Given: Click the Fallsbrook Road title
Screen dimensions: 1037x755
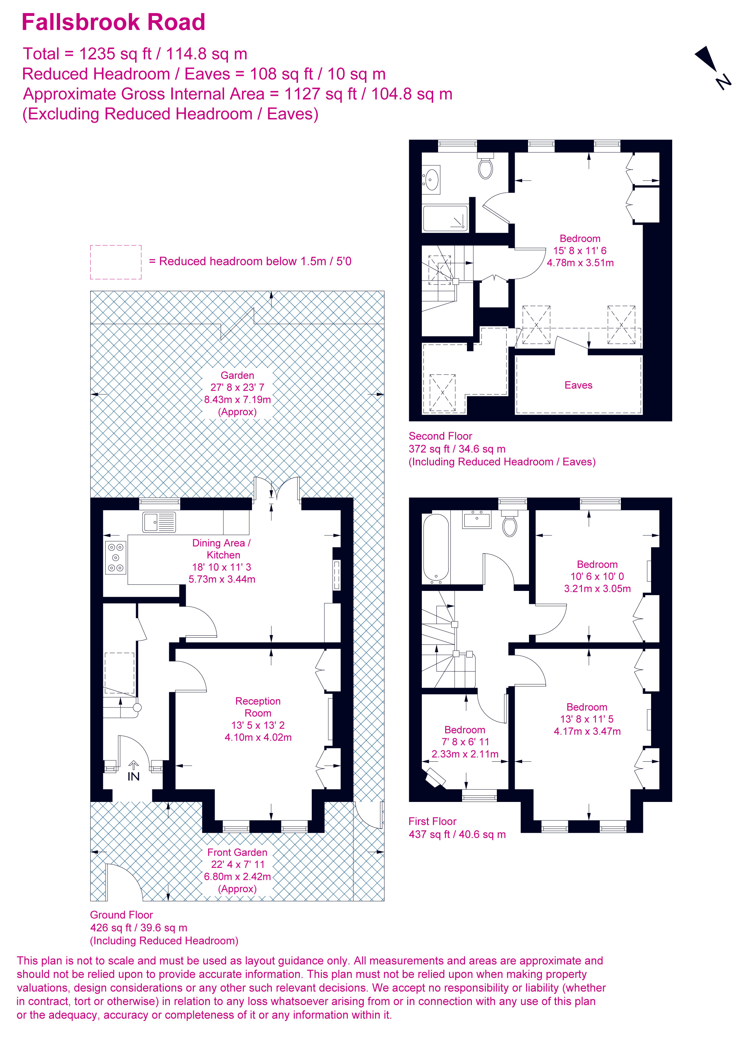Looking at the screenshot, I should tap(113, 22).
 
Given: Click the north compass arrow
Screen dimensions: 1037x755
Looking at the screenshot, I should tap(707, 58).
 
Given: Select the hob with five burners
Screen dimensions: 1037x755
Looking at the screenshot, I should tap(115, 557).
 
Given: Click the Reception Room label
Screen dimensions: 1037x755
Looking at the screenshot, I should tap(258, 707).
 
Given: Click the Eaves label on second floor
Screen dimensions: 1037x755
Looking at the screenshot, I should tap(578, 385).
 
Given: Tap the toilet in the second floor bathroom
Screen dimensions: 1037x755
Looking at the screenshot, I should tap(485, 167).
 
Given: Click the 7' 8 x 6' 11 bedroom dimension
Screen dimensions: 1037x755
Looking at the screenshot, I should tap(465, 742).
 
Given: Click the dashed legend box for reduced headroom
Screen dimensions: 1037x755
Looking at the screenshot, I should tap(115, 262).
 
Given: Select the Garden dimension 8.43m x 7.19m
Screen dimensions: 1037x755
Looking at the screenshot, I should tap(237, 399).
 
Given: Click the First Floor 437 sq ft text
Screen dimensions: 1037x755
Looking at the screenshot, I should tap(457, 834).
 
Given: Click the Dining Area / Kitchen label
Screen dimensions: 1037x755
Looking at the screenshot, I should tap(222, 549).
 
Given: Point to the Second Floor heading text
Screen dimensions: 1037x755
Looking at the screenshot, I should tap(440, 436).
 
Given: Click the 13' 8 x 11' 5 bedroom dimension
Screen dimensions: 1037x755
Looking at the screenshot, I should tap(587, 719).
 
